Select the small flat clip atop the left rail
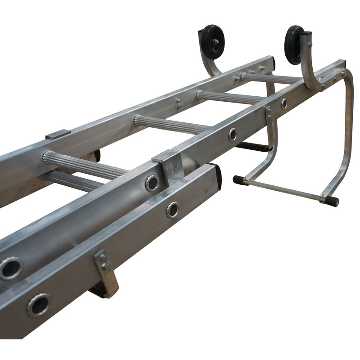[x=58, y=134]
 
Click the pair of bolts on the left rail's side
[x=179, y=103]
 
